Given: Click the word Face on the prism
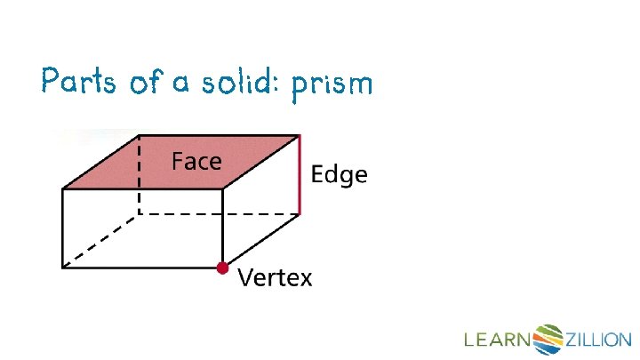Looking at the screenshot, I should point(196,162).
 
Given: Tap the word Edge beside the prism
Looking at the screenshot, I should point(339,175).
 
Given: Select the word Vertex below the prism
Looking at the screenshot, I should point(275,278).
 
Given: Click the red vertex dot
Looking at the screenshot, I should point(221,267).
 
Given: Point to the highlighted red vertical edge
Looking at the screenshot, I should point(300,175).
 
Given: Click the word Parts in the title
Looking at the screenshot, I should point(78,83).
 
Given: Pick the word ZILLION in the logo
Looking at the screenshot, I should point(598,340).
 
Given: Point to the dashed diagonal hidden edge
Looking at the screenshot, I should point(100,241).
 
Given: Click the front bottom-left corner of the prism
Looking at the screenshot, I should point(62,267).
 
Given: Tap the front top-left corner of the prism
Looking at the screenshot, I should point(62,188).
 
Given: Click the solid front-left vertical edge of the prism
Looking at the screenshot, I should point(62,228).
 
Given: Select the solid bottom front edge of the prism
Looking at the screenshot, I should point(142,267).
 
